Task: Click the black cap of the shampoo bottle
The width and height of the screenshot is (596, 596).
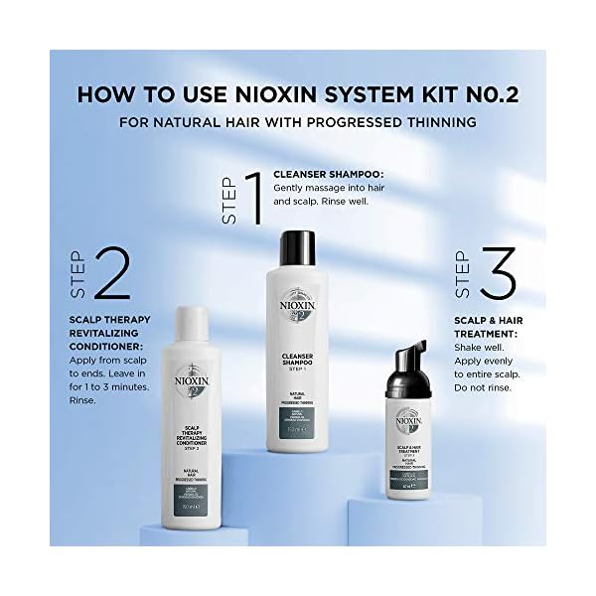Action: (296, 250)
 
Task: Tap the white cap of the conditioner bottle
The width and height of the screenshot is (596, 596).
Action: (189, 323)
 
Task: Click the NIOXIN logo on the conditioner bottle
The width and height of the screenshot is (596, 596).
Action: (189, 378)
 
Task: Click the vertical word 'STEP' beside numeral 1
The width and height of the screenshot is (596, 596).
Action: (228, 199)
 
